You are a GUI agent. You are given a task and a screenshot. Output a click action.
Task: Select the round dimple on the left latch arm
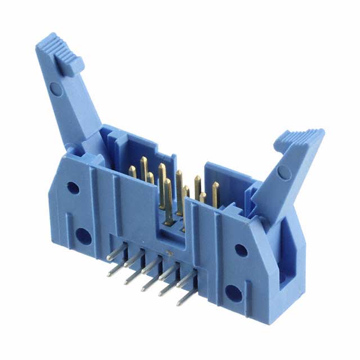pos(55,88)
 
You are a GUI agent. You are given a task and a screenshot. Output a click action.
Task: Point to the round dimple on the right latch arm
pos(285,172)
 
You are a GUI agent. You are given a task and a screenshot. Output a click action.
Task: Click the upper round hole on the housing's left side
pos(73,188)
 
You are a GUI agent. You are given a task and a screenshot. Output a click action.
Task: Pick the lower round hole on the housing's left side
pos(83,236)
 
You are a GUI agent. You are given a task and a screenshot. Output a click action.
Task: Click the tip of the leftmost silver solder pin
pos(109,259)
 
